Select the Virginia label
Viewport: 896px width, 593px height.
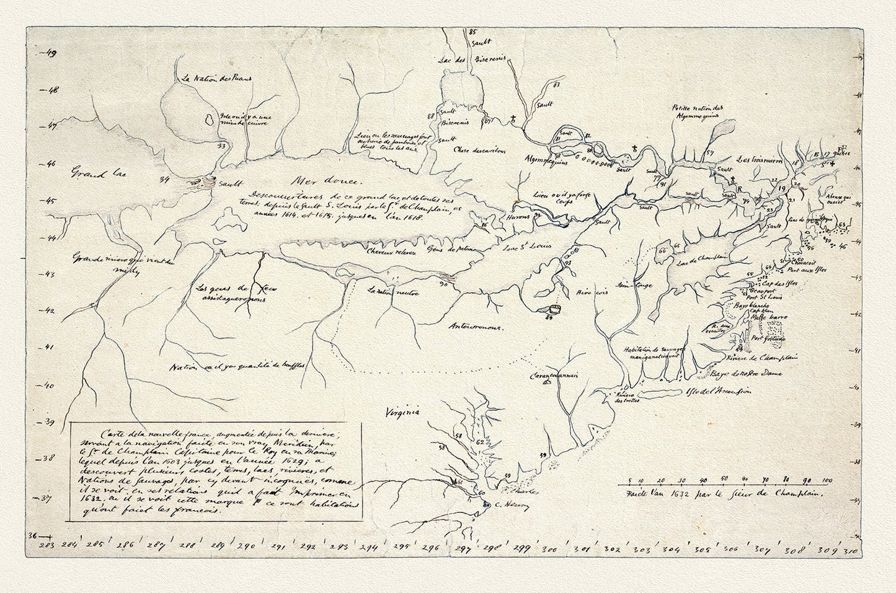point(402,411)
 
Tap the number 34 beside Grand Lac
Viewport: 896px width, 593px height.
point(164,180)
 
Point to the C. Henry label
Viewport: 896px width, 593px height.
point(502,505)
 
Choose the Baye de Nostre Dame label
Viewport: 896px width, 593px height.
point(749,374)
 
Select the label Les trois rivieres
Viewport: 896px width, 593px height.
point(760,159)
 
